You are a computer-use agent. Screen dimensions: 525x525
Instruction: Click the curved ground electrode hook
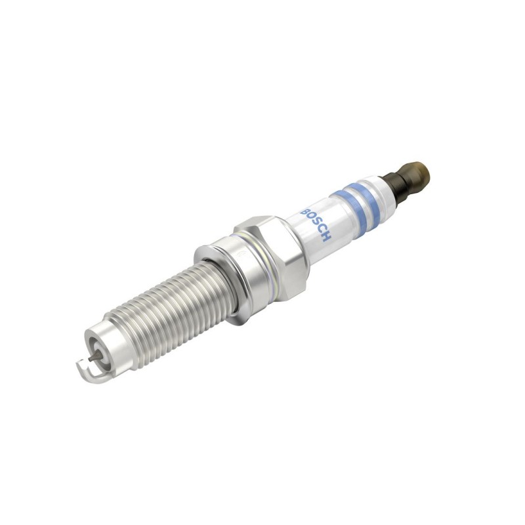tap(88, 371)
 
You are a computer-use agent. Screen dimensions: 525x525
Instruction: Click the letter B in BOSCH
tap(306, 213)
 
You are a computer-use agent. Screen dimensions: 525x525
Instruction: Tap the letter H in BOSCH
tap(325, 236)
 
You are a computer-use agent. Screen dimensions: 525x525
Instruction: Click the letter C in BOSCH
tap(321, 230)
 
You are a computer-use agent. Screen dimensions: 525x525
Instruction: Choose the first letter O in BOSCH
tap(311, 219)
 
